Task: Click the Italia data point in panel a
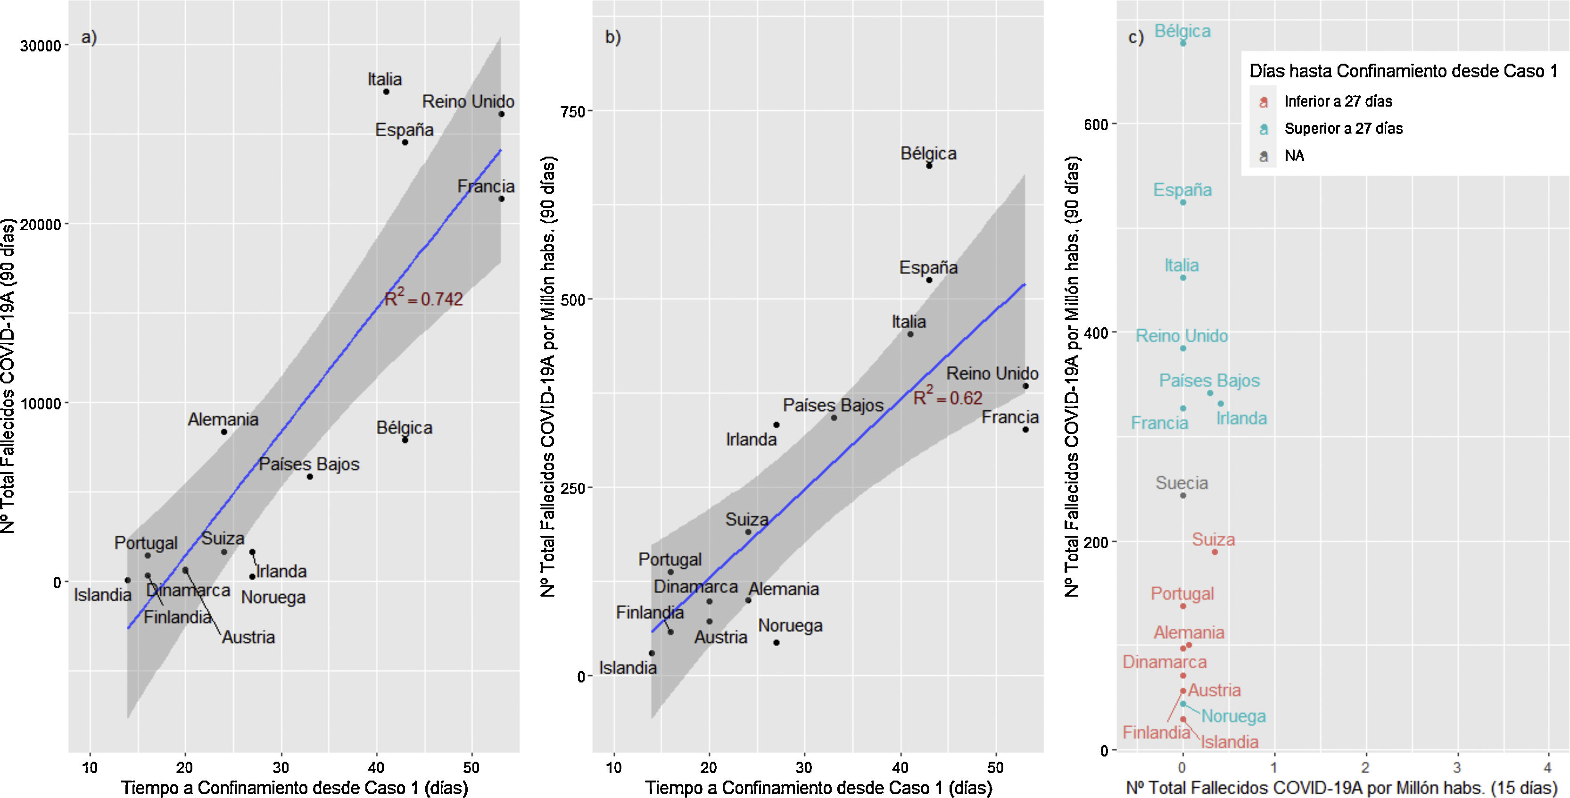coord(386,91)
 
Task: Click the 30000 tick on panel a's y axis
coord(41,46)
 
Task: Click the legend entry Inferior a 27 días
coord(1338,101)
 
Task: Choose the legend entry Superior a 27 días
coord(1343,129)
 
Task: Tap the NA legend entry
coord(1294,156)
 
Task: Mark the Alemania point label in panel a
coord(223,419)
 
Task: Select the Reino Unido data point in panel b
coord(1025,386)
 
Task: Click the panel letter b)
coord(612,37)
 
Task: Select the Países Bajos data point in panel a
coord(310,477)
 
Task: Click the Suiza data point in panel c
coord(1214,552)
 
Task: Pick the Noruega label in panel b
coord(790,625)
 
